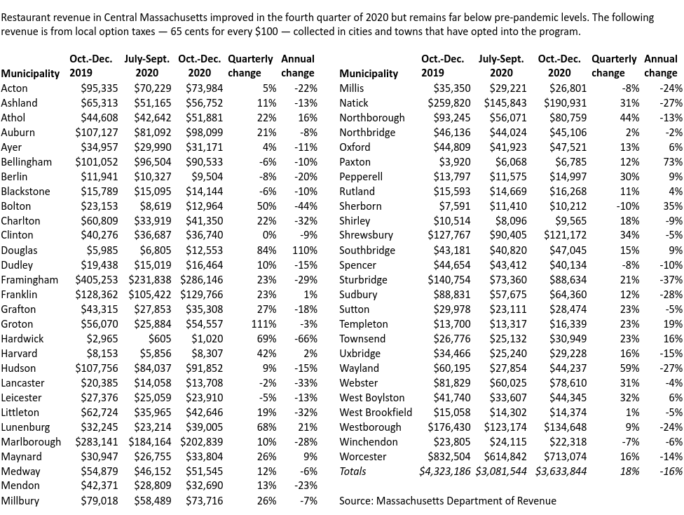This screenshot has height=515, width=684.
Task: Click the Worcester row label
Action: pos(362,457)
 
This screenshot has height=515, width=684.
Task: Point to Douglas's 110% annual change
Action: pos(306,250)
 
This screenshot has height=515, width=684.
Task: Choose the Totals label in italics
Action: pos(353,471)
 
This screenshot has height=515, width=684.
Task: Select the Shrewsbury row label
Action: pos(366,236)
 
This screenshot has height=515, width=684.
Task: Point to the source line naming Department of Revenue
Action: pos(447,501)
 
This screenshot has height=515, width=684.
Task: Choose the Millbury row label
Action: pos(20,501)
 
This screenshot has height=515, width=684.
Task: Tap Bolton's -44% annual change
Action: pos(306,206)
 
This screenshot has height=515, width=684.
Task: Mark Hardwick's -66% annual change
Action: pos(306,339)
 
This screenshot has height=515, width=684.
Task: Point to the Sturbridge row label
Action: pos(363,280)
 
